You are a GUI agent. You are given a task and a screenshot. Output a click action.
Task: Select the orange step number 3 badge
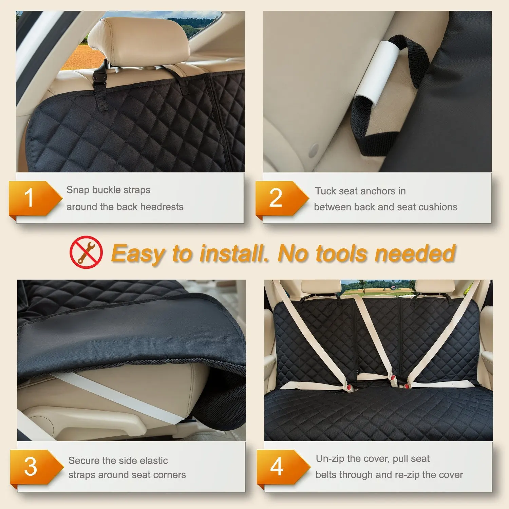click(33, 467)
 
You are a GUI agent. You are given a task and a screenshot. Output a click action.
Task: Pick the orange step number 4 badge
click(279, 467)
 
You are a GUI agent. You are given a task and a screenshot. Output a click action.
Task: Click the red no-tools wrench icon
click(86, 252)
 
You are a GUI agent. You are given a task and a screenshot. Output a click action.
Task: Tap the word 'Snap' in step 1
click(78, 190)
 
